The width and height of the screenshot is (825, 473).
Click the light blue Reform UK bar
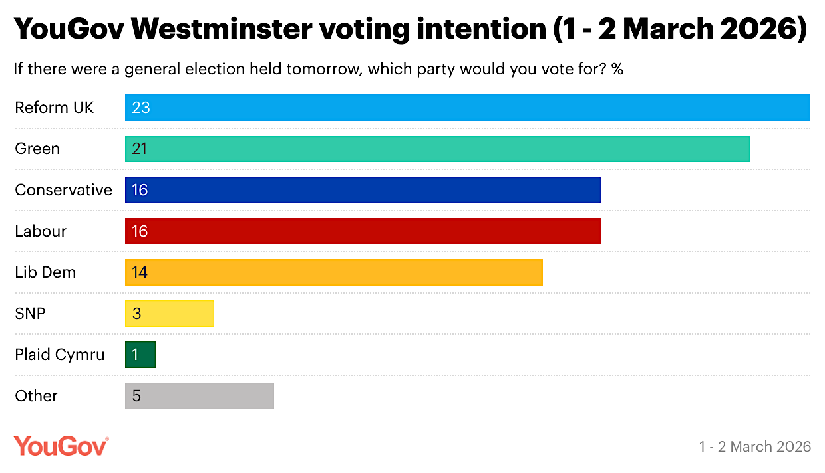pyautogui.click(x=467, y=108)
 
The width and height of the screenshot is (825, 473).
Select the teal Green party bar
pyautogui.click(x=437, y=149)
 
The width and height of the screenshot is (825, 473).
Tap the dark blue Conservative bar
pyautogui.click(x=363, y=190)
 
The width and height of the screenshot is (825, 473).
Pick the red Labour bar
pyautogui.click(x=363, y=231)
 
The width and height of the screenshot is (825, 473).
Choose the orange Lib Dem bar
pyautogui.click(x=333, y=272)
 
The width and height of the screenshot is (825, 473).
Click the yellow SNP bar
pyautogui.click(x=170, y=314)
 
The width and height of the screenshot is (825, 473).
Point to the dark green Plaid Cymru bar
pyautogui.click(x=140, y=355)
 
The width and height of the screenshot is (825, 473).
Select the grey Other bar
pyautogui.click(x=200, y=396)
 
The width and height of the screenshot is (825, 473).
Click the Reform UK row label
pyautogui.click(x=55, y=108)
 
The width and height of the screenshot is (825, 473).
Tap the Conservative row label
pyautogui.click(x=64, y=190)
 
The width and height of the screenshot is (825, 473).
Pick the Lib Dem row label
pyautogui.click(x=45, y=272)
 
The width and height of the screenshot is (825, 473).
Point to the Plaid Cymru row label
pyautogui.click(x=60, y=355)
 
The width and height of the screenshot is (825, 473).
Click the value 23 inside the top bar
pyautogui.click(x=141, y=108)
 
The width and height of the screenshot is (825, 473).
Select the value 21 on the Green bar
pyautogui.click(x=139, y=149)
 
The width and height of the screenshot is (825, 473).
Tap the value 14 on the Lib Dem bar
pyautogui.click(x=139, y=272)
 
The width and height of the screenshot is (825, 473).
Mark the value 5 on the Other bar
pyautogui.click(x=136, y=396)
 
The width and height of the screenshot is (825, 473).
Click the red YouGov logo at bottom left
pyautogui.click(x=61, y=446)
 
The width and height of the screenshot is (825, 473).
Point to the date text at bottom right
pyautogui.click(x=754, y=446)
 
